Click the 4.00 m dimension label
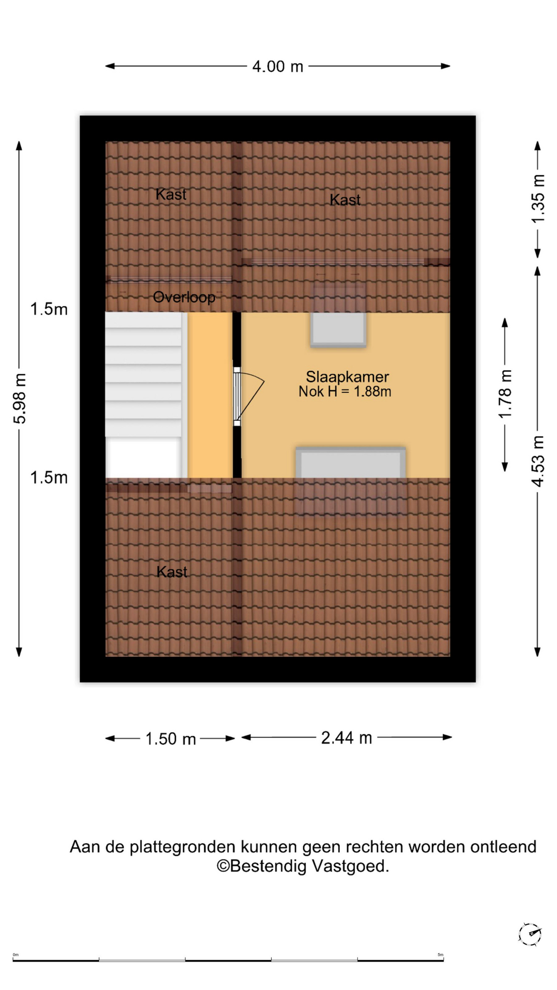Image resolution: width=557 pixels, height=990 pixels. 277,67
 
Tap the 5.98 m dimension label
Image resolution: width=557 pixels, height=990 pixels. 20,399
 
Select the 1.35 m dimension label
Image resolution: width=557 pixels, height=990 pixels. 538,199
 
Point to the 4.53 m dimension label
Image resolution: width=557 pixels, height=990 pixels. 538,461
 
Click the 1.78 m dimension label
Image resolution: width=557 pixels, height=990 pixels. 505,394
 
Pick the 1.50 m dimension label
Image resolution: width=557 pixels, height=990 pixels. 171,739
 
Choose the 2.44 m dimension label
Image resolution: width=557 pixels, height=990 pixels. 347,738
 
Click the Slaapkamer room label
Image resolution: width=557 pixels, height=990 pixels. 347,376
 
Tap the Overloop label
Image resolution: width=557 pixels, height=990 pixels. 184,297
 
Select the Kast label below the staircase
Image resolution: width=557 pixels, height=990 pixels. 172,571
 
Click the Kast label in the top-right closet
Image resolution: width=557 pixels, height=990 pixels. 345,200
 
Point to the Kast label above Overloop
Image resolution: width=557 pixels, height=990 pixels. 171,194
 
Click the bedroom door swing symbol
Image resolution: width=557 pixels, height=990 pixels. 249,396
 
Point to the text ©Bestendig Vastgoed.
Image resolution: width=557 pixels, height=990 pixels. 303,866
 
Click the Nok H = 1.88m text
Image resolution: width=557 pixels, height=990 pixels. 345,391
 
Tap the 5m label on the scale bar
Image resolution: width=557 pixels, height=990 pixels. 440,954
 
